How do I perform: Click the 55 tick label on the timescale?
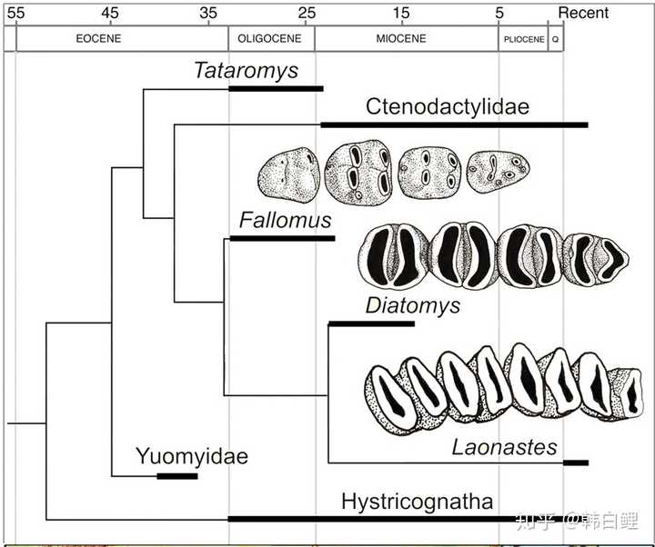click(15, 14)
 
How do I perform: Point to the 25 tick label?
click(307, 14)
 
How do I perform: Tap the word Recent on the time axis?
click(583, 13)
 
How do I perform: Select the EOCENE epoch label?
click(98, 39)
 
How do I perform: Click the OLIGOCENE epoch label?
click(269, 39)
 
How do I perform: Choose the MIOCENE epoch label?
click(401, 39)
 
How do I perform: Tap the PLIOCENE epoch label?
click(524, 39)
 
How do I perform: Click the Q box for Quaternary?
click(556, 39)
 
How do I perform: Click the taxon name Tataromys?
click(247, 71)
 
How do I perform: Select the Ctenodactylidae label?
click(448, 106)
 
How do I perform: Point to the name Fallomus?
click(286, 220)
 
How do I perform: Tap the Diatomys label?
click(413, 306)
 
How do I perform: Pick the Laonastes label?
click(505, 447)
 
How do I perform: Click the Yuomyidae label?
click(192, 456)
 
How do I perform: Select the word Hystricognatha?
click(417, 501)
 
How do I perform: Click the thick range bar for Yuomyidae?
click(177, 476)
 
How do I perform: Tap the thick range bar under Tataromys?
click(277, 88)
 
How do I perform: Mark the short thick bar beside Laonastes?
click(576, 462)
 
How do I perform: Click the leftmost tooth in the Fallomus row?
click(289, 174)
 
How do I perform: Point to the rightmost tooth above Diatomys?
click(596, 259)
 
